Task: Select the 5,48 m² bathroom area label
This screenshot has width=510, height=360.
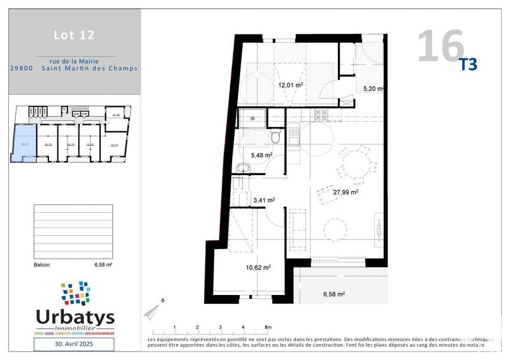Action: click(262, 155)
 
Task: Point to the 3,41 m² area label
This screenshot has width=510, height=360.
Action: click(264, 200)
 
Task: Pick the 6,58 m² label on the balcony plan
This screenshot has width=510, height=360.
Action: click(333, 294)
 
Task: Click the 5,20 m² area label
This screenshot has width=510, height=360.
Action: click(373, 89)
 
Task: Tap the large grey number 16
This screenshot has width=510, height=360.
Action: click(441, 45)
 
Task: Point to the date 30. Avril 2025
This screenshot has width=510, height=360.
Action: click(74, 344)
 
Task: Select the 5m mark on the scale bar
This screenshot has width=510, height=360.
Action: click(267, 328)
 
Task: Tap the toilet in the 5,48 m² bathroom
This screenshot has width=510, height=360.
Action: click(275, 136)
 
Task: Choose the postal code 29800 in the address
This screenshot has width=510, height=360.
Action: click(22, 68)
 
